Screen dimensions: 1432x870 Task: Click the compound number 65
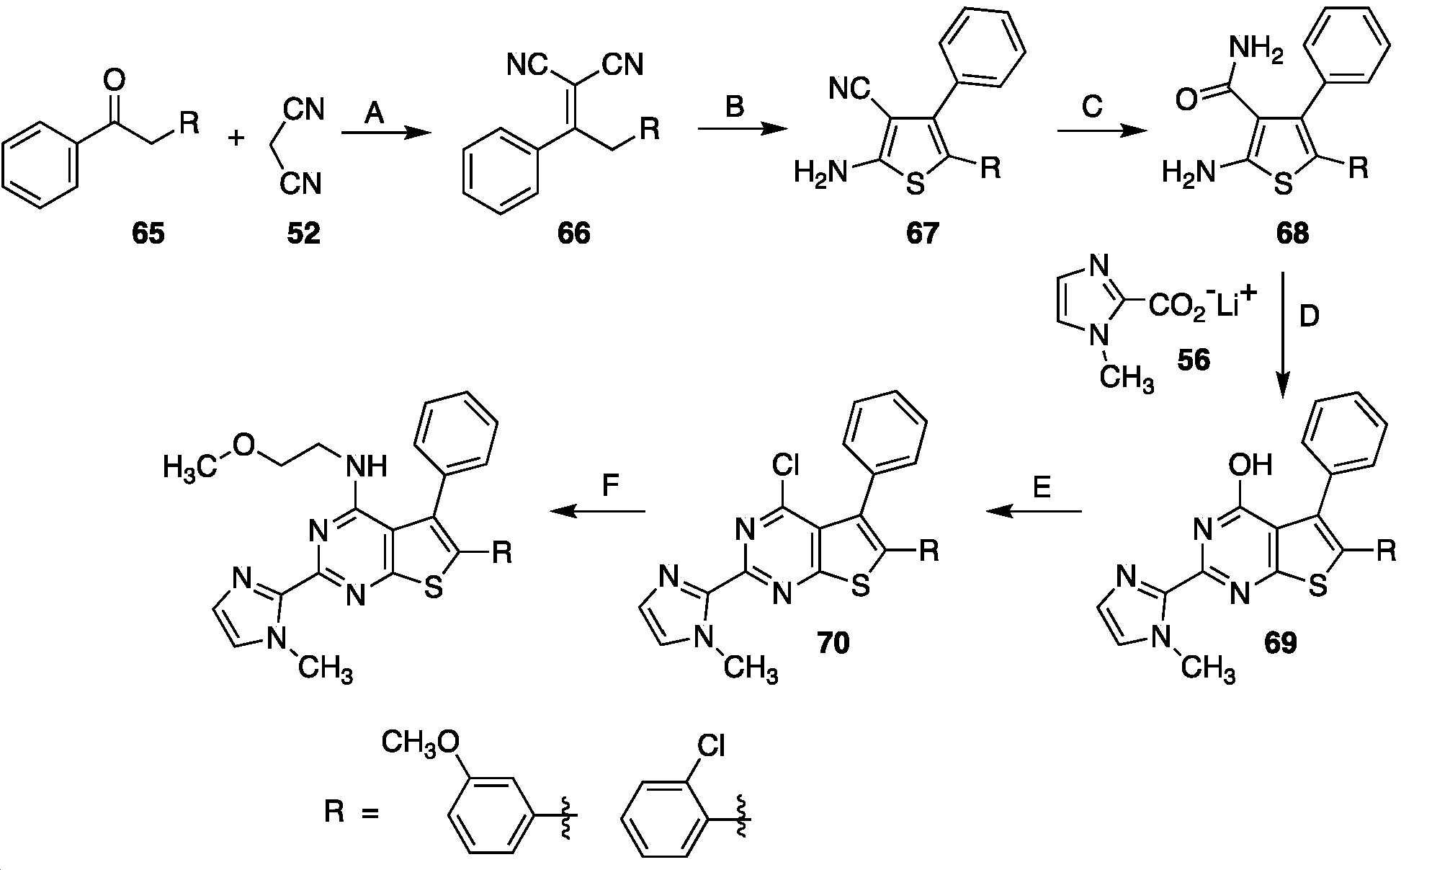pos(148,234)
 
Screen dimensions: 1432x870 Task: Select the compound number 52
pos(303,234)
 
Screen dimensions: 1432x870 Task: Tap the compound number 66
pos(573,234)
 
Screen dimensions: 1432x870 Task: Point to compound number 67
pos(923,234)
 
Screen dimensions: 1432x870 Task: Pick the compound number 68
pos(1293,234)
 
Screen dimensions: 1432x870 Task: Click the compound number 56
pos(1194,360)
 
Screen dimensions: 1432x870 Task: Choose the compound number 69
pos(1281,642)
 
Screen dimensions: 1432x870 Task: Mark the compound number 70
pos(833,642)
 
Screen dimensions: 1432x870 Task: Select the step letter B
pos(734,107)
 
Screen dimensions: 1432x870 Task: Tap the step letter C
pos(1092,107)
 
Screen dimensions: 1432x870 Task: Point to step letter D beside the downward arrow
pos(1309,316)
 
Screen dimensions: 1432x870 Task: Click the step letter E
pos(1042,488)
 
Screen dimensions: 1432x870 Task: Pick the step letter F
pos(610,486)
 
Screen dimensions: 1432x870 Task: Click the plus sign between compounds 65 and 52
pos(236,138)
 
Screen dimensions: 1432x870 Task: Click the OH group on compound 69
pos(1251,465)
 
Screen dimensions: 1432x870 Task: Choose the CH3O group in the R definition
pos(420,742)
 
